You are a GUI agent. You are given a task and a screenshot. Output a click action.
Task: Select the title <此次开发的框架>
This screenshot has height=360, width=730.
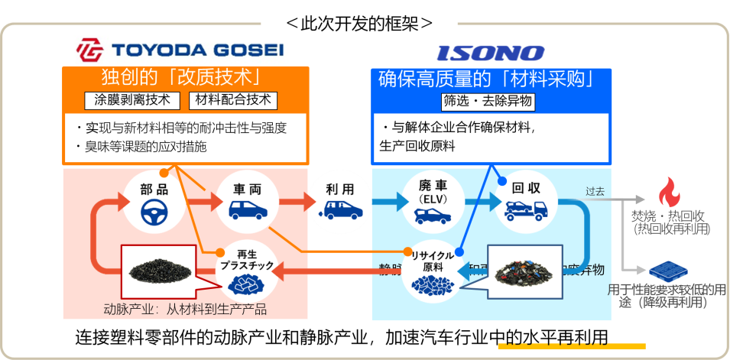pos(359,24)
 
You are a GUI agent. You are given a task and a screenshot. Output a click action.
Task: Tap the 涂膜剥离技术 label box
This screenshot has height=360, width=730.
pos(132,100)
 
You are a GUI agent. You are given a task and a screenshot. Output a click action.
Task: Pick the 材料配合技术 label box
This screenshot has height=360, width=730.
pos(233,100)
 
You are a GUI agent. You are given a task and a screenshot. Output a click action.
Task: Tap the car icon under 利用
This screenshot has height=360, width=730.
pos(339,209)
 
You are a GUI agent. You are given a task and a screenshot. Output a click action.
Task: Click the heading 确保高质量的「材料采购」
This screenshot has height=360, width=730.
pos(487,79)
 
